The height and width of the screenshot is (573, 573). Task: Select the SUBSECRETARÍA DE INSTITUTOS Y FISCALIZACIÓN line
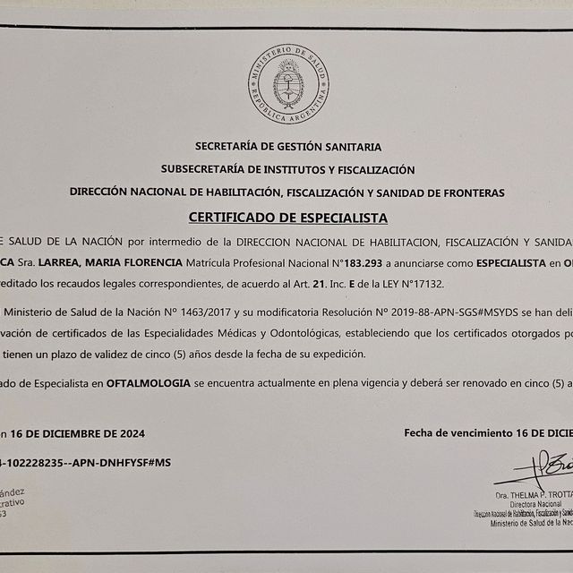[287, 168]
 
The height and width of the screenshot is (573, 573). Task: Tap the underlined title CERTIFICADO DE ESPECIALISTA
[287, 217]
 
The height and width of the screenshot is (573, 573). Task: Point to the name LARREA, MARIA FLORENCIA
[131, 263]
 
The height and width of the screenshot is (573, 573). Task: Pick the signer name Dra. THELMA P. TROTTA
[534, 496]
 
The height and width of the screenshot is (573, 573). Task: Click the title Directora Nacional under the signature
[534, 505]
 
